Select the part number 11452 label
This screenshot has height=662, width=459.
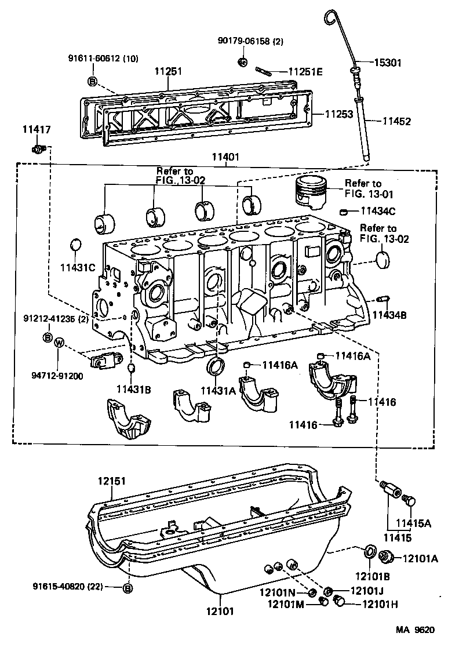(396, 121)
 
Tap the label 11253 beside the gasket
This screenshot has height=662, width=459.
(338, 114)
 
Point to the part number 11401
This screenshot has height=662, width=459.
(225, 157)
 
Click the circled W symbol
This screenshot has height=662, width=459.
(59, 343)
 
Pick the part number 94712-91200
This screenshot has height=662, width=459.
(57, 375)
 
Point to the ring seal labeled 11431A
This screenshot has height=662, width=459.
(217, 366)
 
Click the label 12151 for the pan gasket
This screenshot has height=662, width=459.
(111, 481)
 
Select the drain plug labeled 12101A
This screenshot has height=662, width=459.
(384, 558)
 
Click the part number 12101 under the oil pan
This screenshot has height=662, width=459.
(220, 610)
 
